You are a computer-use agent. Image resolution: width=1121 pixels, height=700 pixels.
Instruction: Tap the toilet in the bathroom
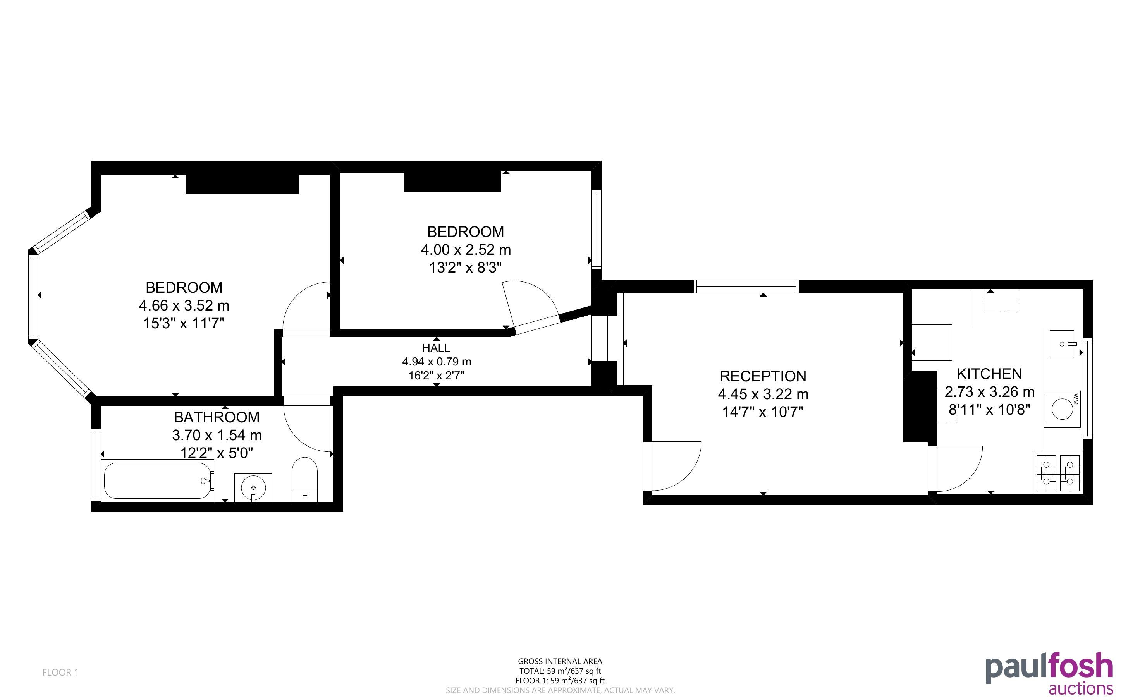pos(305,480)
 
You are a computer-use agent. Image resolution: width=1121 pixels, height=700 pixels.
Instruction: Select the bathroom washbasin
pos(253,487)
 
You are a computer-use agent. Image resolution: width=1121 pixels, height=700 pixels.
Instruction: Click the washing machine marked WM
pos(1064,409)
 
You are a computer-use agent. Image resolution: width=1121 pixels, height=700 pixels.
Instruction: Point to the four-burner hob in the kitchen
pos(1058,473)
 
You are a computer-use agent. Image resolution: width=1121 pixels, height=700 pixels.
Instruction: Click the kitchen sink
pos(1062,344)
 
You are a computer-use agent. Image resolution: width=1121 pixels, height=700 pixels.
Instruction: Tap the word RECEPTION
pos(763,376)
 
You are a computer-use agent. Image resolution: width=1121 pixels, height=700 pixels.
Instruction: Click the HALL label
pos(436,348)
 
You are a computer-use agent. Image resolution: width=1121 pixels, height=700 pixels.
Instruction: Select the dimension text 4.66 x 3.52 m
pos(184,305)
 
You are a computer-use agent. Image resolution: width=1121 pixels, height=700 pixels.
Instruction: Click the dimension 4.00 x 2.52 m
pos(465,250)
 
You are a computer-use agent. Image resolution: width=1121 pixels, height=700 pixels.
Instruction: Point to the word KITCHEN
pos(989,374)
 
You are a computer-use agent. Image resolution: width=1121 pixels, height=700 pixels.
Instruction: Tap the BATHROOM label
pos(217,417)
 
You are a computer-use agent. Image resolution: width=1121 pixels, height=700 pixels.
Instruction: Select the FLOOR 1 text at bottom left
pos(61,672)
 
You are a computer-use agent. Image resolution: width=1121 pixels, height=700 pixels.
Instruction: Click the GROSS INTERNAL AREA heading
pos(560,662)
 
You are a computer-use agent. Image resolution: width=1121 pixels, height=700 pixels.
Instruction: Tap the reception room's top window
pos(746,286)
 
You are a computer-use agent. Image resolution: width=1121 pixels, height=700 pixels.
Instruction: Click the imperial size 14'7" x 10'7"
pos(763,412)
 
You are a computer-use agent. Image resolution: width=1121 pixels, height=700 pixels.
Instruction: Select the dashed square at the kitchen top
pos(1002,300)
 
